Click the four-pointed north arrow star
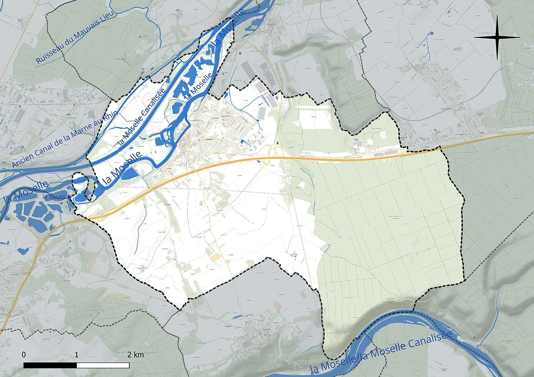[x=497, y=37]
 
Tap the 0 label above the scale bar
[x=24, y=355]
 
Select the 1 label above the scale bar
[x=77, y=355]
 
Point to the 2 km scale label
[x=136, y=355]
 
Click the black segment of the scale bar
[x=50, y=365]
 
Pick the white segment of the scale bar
[x=103, y=365]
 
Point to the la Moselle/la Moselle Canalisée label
[x=382, y=352]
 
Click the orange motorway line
[x=334, y=159]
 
